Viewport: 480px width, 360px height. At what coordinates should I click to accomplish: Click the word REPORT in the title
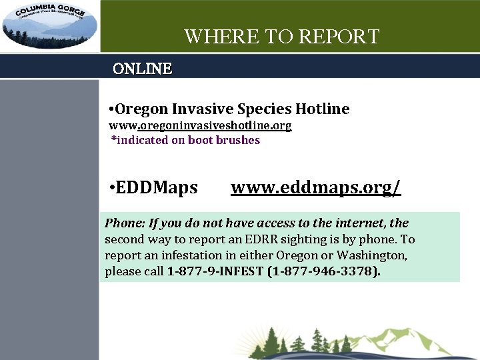tap(339, 37)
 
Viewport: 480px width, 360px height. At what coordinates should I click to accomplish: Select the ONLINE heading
tap(142, 69)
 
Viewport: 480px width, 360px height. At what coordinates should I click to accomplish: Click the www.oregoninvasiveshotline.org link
tap(200, 125)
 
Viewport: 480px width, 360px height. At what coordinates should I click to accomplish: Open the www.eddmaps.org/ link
tap(316, 187)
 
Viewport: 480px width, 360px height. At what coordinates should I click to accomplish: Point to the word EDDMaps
tap(157, 187)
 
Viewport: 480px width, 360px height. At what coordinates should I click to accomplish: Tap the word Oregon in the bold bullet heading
tap(142, 109)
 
